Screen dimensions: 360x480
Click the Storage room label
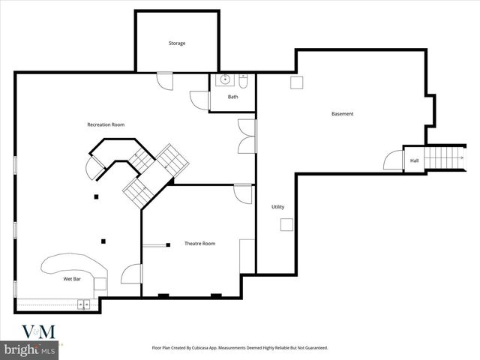coord(176,43)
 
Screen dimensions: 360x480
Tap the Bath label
coord(233,97)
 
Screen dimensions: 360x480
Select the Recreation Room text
coord(106,124)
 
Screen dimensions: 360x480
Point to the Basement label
coord(342,114)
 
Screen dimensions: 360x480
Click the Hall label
coord(414,160)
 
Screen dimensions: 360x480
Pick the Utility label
coord(277,207)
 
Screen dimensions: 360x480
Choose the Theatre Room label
coord(199,244)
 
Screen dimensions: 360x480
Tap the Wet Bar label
coord(72,279)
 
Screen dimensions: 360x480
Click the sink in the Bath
coord(223,81)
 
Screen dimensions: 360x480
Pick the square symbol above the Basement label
coord(296,83)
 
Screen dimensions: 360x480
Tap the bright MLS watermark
coord(30,349)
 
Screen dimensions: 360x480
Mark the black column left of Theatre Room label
coord(169,244)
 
